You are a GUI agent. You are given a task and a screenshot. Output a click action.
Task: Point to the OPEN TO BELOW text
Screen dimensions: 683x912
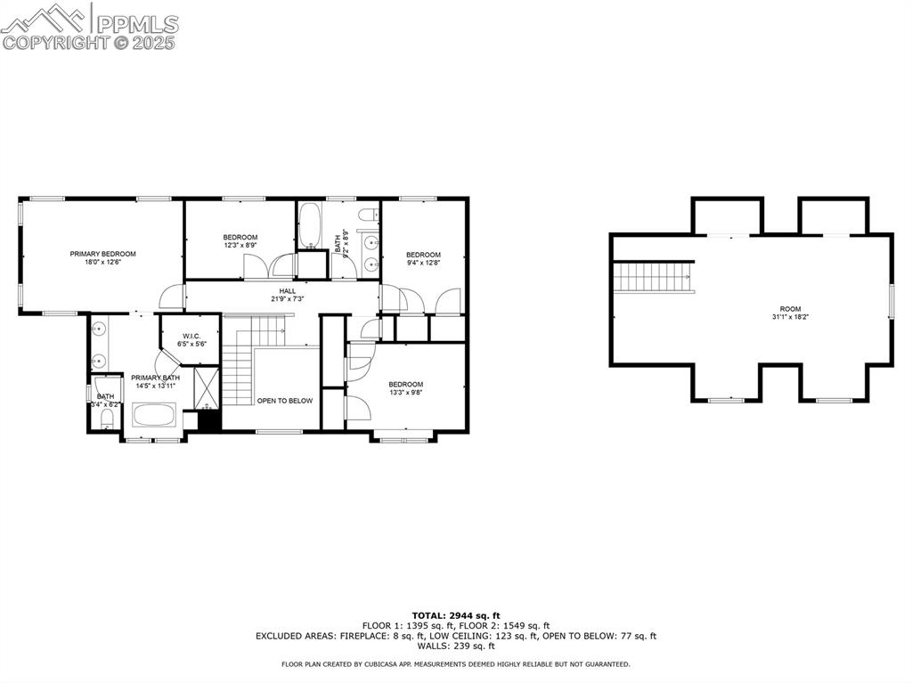(x=285, y=401)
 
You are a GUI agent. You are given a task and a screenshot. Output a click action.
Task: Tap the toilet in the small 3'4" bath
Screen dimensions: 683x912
(x=106, y=418)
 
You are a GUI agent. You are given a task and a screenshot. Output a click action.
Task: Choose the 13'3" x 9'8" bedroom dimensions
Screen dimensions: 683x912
(x=405, y=392)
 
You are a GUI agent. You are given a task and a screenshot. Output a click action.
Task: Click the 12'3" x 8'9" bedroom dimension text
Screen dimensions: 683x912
(x=240, y=245)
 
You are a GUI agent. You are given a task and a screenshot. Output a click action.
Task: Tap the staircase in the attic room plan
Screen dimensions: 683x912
(x=654, y=276)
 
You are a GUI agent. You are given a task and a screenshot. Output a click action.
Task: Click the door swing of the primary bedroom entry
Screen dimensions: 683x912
(x=172, y=297)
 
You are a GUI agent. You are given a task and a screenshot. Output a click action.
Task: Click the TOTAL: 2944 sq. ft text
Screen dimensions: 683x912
(x=456, y=615)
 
